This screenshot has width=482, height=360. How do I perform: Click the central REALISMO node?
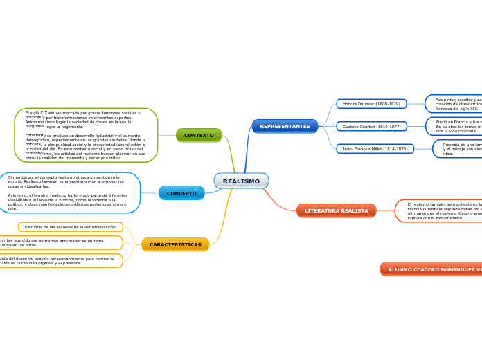coord(241,181)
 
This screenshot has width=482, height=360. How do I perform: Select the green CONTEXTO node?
coord(199,135)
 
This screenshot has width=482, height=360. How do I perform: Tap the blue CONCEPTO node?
coord(181,193)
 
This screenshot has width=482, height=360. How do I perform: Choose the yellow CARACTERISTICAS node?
coord(175,244)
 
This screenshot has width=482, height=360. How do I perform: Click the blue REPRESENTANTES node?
coord(285,126)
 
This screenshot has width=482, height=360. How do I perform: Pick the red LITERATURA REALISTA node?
coord(336,210)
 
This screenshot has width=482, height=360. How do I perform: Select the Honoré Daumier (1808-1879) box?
coord(371,104)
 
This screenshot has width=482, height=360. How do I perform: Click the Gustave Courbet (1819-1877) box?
coord(371,127)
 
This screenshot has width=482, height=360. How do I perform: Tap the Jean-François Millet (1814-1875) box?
coord(375,149)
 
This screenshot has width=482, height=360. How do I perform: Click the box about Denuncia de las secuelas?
coord(71,227)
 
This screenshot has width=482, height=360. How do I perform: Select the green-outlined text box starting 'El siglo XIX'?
coord(86,135)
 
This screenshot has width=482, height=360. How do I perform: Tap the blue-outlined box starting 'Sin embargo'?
coord(69,192)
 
